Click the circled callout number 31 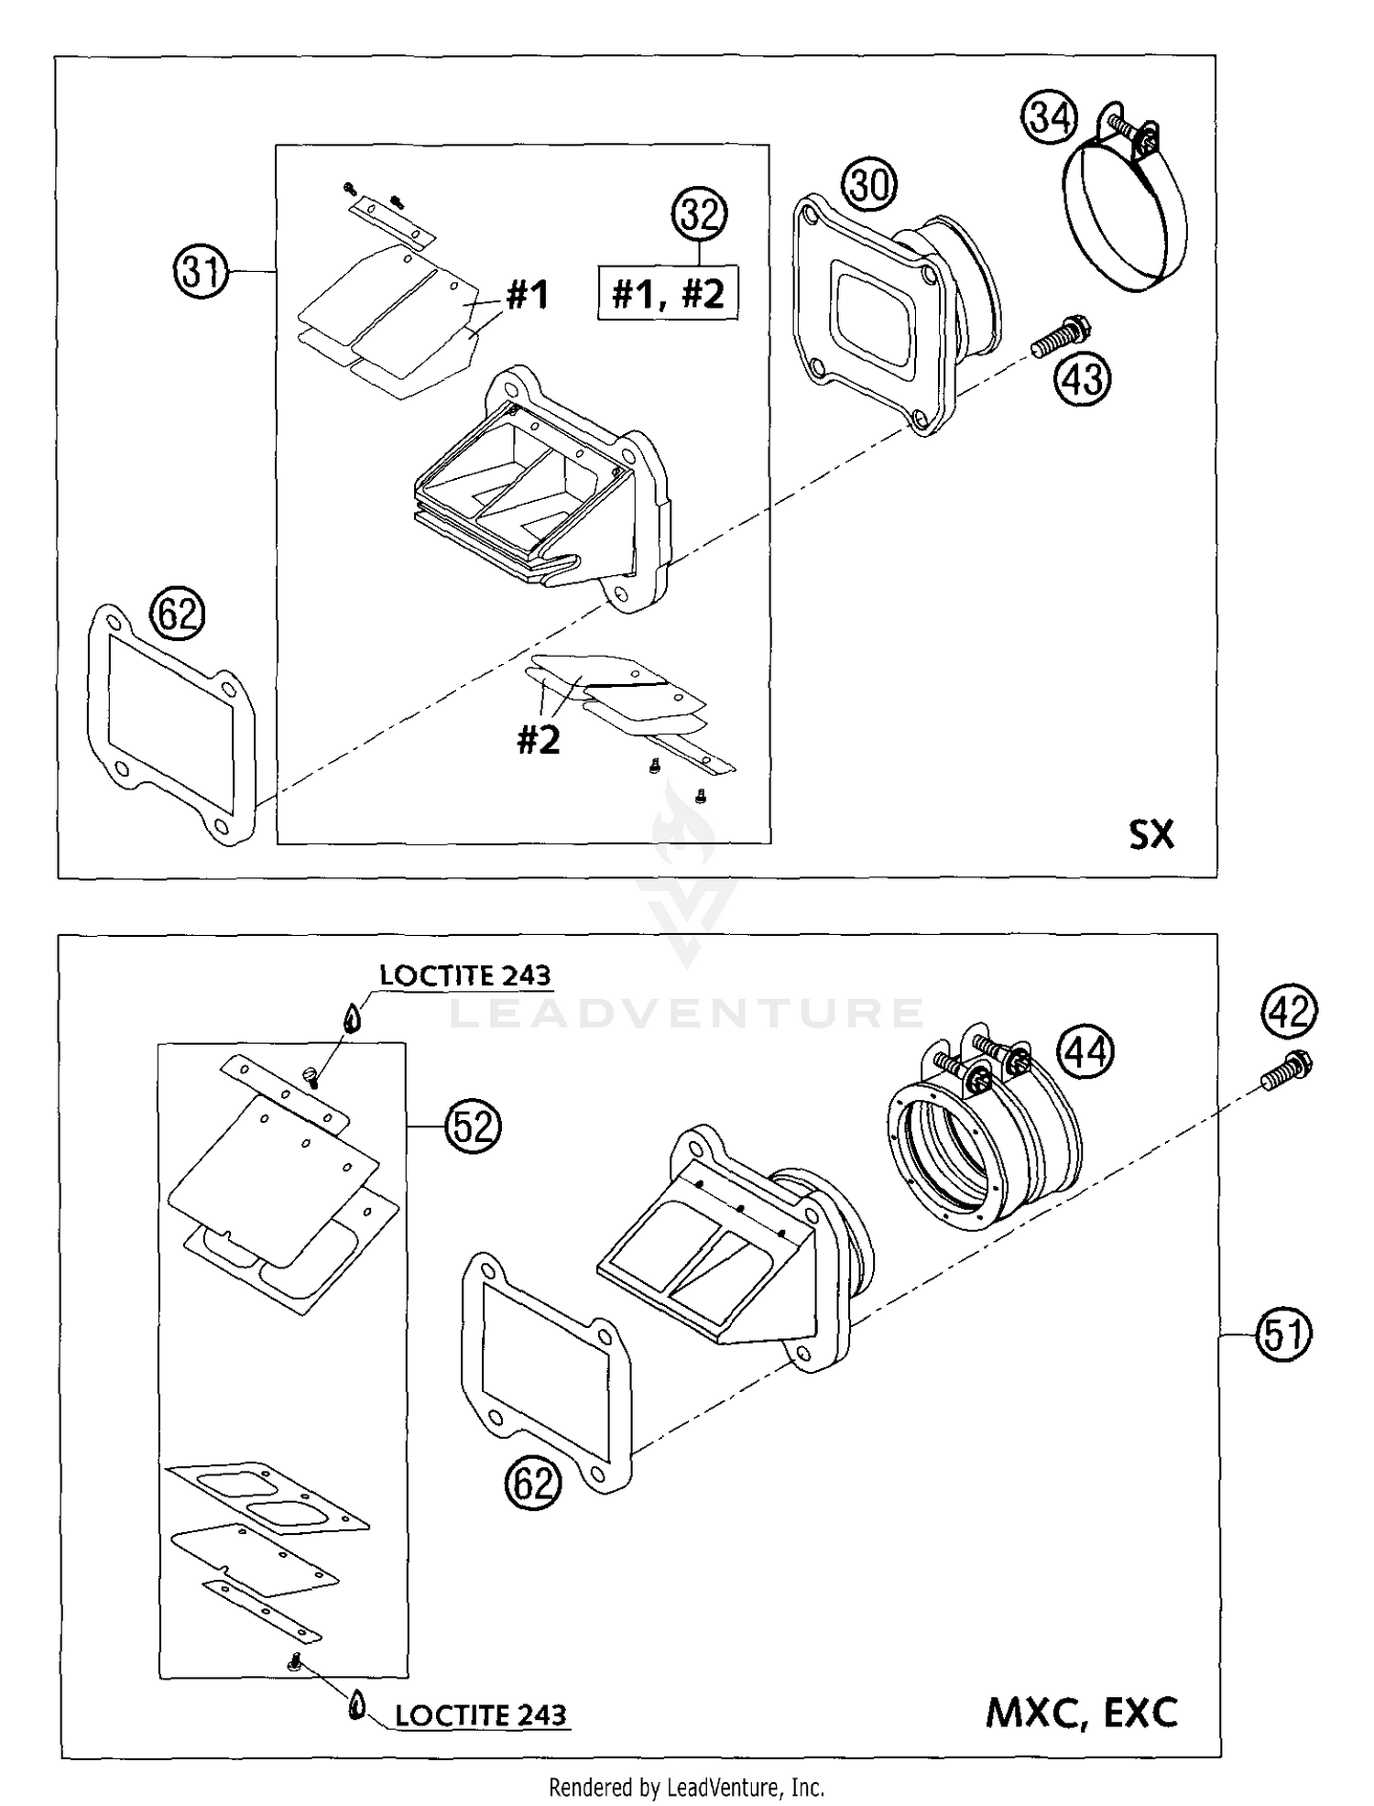tap(200, 272)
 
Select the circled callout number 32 tap(699, 216)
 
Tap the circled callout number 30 tap(869, 186)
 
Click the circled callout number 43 tap(1084, 379)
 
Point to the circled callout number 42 tap(1290, 1012)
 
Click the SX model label tap(1150, 834)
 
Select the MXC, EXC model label tap(1082, 1713)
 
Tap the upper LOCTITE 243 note tap(465, 976)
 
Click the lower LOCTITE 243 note tap(481, 1715)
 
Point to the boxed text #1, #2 tap(668, 294)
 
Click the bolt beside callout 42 tap(1287, 1072)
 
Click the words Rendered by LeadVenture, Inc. tap(686, 1787)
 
